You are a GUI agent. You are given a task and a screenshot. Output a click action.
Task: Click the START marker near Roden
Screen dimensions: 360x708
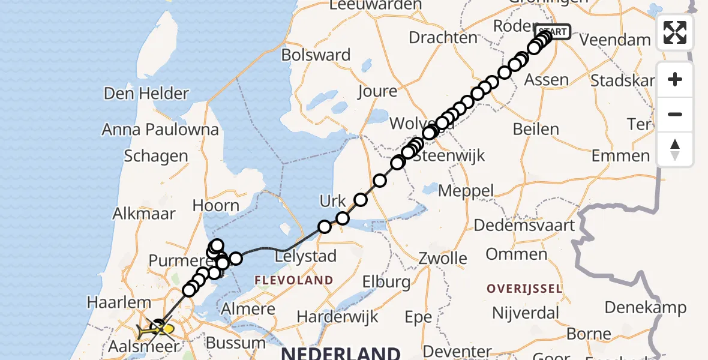click(x=551, y=32)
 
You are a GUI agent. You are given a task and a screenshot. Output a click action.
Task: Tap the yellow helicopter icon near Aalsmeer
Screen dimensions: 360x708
click(x=155, y=329)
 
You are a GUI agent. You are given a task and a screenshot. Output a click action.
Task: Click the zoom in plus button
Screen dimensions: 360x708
click(x=675, y=79)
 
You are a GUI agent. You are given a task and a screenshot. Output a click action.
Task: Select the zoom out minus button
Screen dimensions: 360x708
click(x=675, y=114)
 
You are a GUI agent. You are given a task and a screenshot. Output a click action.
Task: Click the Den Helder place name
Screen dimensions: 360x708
click(x=146, y=94)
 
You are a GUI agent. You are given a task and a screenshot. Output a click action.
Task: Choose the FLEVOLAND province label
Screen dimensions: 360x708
click(x=294, y=280)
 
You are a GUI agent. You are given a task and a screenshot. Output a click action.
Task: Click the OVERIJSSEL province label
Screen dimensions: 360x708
click(x=524, y=289)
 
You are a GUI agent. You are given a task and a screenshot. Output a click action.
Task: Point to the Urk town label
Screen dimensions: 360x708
click(x=332, y=201)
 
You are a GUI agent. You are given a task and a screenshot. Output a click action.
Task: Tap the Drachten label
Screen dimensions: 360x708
click(x=443, y=37)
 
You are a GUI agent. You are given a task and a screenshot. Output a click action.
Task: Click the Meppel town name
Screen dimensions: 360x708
click(x=466, y=191)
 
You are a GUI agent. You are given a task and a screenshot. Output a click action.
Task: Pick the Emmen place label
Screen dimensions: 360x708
click(x=620, y=156)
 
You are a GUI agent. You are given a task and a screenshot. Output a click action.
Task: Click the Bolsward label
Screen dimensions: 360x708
click(x=316, y=55)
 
